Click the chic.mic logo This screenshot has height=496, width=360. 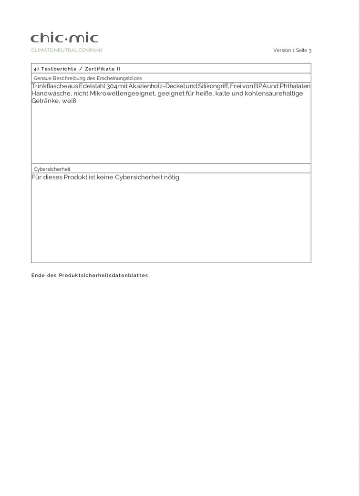coord(64,38)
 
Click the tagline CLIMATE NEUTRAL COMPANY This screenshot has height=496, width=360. coord(67,50)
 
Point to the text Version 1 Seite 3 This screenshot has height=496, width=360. coord(292,50)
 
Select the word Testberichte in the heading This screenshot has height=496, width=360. coord(59,69)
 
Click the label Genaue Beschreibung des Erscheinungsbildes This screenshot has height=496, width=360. coord(88,78)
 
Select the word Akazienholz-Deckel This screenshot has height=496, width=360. coord(156,86)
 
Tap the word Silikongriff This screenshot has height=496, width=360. coord(214,86)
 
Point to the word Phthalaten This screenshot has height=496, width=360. coord(295,86)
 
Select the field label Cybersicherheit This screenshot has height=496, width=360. coord(52,169)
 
